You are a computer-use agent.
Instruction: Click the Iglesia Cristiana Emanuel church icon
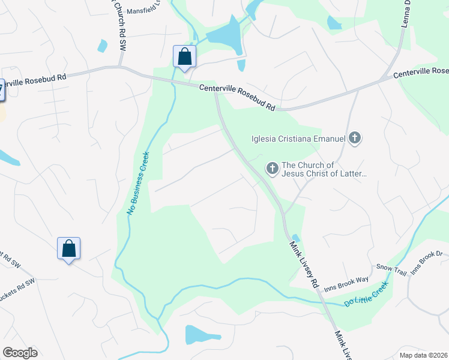click(x=355, y=139)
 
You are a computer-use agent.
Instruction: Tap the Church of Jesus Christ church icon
click(x=273, y=169)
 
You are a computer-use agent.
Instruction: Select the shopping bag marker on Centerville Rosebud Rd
click(x=184, y=57)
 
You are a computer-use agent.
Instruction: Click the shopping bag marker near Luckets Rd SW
click(x=68, y=248)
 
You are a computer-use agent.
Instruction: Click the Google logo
click(x=20, y=353)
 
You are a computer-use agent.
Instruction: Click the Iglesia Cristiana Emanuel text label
click(x=298, y=139)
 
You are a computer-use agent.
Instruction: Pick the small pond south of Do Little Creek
click(x=198, y=334)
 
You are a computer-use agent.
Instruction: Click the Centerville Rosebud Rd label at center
click(x=238, y=97)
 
